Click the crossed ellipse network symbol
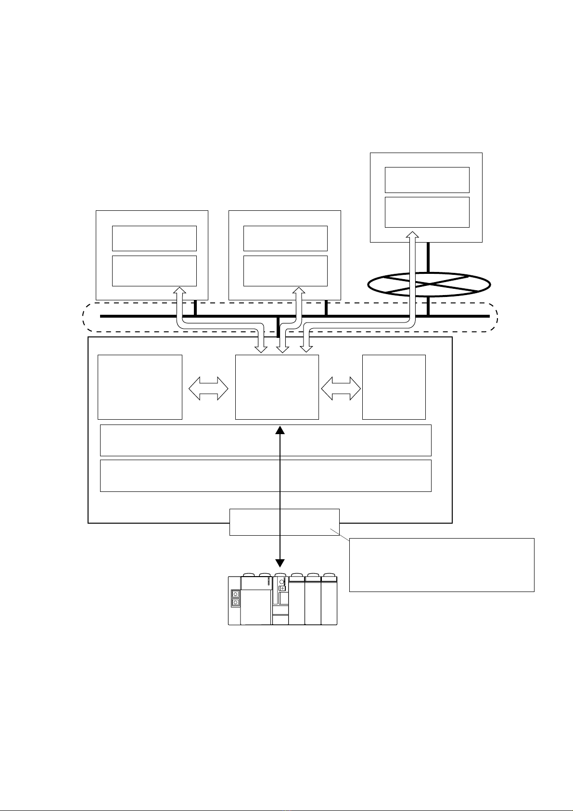point(429,284)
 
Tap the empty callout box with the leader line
point(442,565)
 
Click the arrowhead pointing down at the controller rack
point(280,563)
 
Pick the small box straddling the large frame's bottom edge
point(284,522)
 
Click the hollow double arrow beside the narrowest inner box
point(341,387)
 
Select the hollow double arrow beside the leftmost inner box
point(209,387)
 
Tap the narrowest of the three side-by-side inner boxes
point(394,387)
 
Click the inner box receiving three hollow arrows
point(277,387)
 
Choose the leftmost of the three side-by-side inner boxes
point(140,387)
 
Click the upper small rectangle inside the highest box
point(427,180)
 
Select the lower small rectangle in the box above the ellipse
point(427,212)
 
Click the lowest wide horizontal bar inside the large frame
point(266,476)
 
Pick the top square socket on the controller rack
point(235,594)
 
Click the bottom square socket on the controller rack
point(235,603)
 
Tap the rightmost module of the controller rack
point(329,601)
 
